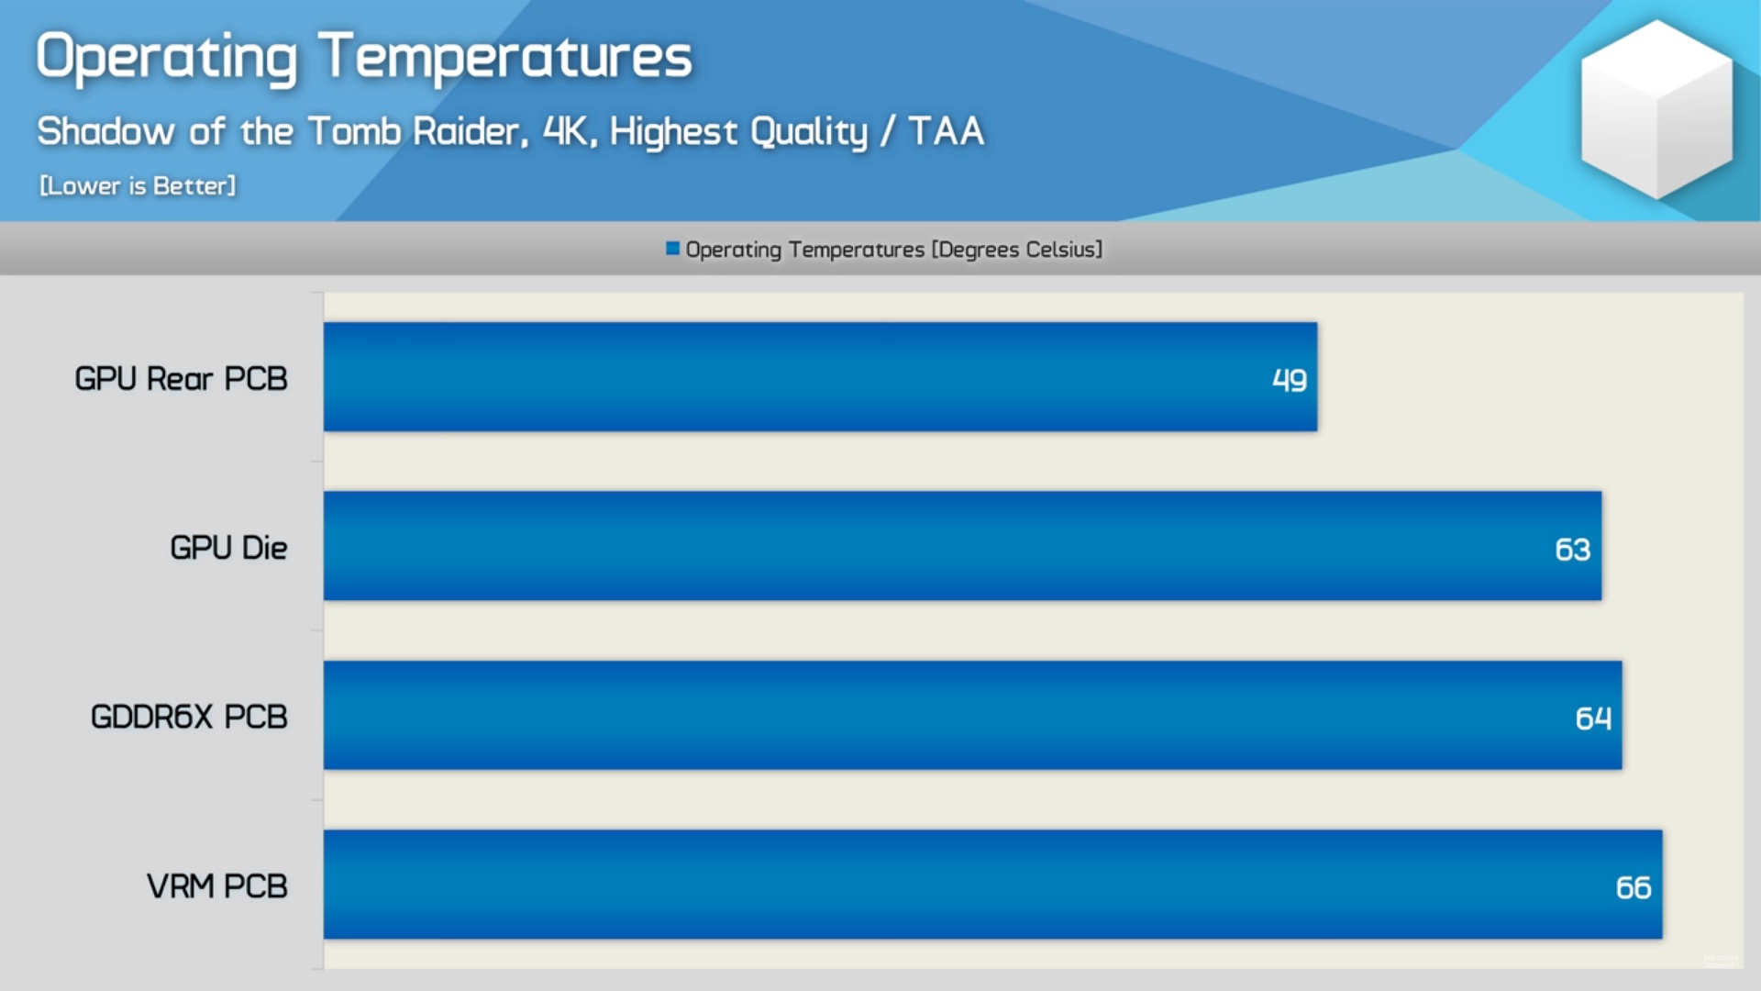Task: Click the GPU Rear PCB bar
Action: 820,376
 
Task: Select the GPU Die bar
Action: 962,546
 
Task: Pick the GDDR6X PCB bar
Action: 972,715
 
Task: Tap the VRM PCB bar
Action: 992,885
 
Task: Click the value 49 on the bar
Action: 1289,380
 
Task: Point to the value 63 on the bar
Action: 1572,550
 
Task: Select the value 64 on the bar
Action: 1593,718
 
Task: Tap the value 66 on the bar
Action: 1633,887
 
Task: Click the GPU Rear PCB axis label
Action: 181,379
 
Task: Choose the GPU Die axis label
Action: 228,548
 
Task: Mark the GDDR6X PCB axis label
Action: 189,717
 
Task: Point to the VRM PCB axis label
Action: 217,886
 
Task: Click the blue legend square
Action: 672,249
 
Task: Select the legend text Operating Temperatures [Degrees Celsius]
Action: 894,250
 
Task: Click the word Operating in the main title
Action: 167,57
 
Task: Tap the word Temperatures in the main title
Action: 505,57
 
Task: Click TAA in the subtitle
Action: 947,131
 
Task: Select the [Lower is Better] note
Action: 138,186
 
